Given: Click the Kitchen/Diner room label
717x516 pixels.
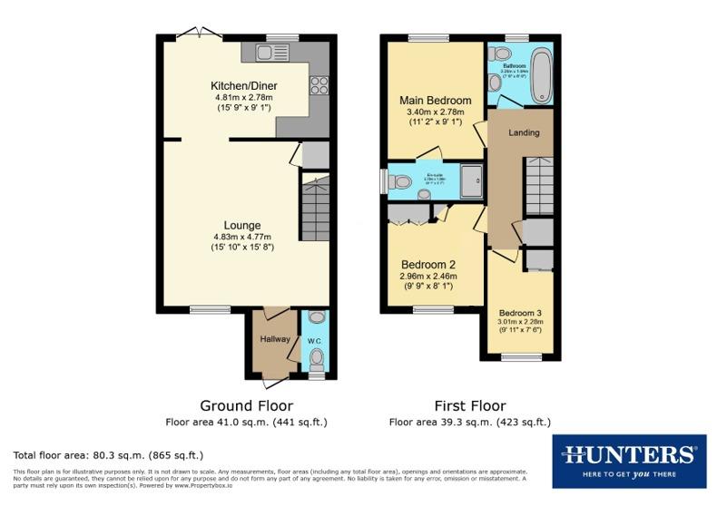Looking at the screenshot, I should (x=244, y=86).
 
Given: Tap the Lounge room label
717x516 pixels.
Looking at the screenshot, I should (x=242, y=226).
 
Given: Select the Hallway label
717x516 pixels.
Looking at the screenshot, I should (x=275, y=339).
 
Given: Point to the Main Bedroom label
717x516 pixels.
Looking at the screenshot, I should (x=436, y=101).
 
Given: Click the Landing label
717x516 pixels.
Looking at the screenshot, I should (x=524, y=133).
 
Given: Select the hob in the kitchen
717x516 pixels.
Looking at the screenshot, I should (x=319, y=86).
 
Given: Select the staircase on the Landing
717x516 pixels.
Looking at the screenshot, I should (x=538, y=185).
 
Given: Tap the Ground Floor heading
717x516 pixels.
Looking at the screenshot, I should (x=246, y=405).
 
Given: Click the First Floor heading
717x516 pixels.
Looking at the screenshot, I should (x=469, y=405).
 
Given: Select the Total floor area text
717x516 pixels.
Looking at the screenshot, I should (x=108, y=454).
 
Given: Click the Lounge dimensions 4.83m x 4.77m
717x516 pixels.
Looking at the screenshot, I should (x=242, y=237).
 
